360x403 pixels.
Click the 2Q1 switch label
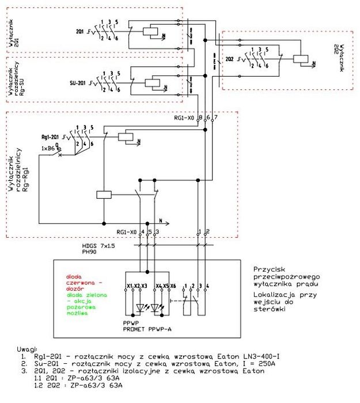pyautogui.click(x=79, y=29)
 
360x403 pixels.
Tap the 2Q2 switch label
pyautogui.click(x=229, y=59)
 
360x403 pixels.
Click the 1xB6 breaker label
pyautogui.click(x=47, y=149)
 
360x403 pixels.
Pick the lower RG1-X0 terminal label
pyautogui.click(x=127, y=231)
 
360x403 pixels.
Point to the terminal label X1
pyautogui.click(x=130, y=286)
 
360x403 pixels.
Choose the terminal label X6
pyautogui.click(x=172, y=286)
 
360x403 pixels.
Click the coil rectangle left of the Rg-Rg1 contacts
pyautogui.click(x=104, y=195)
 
